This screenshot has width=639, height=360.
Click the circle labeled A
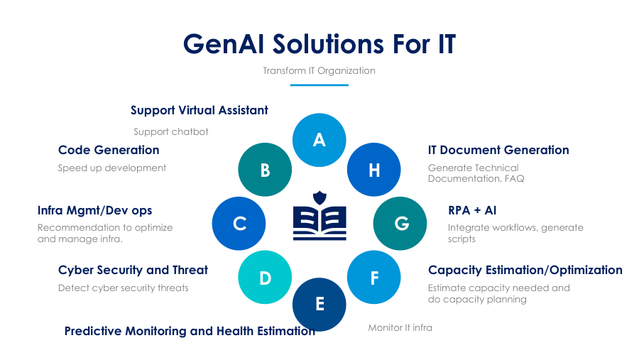pos(319,140)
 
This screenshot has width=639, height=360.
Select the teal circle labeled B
pos(265,170)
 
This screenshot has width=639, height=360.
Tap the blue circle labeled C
pos(239,224)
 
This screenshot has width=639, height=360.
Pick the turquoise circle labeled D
pos(265,277)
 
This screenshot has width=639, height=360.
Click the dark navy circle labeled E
pos(319,305)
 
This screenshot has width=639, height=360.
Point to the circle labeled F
pos(373,277)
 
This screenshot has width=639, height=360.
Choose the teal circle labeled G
pos(400,224)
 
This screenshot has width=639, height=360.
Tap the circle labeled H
pos(373,170)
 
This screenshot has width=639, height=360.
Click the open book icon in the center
pos(319,223)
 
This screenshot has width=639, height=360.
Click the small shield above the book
pos(319,197)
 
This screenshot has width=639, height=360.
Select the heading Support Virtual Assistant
pos(200,111)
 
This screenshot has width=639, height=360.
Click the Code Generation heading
pos(109,150)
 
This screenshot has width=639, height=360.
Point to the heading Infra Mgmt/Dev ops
pos(94,210)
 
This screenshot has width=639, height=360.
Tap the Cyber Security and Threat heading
pos(133,270)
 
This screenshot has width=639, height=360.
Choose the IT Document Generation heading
pos(498,150)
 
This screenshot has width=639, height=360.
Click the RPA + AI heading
pos(472,210)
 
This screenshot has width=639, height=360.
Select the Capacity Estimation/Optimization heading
pos(525,270)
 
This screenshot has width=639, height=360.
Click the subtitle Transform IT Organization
pos(319,70)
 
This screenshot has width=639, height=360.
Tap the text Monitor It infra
pos(400,328)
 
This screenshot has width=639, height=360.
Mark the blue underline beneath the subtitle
pos(319,84)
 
